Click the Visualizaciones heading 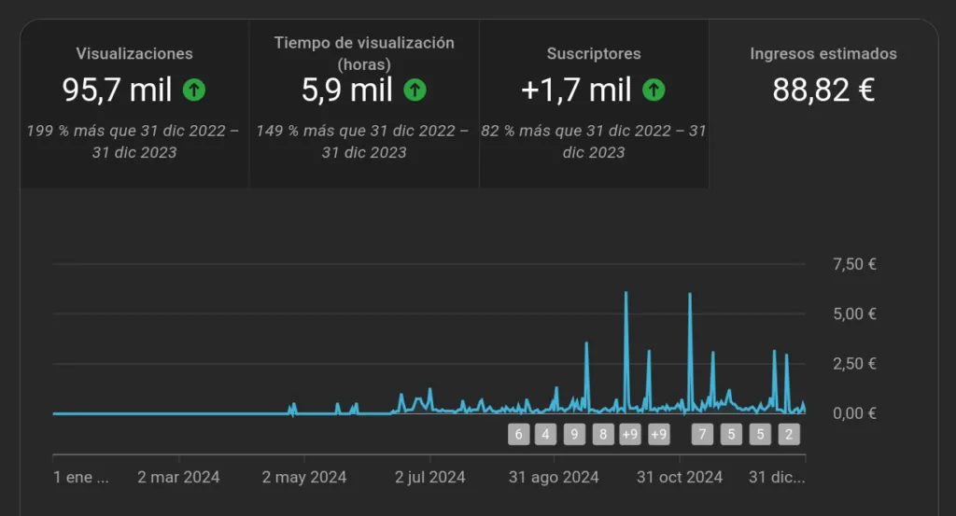(x=134, y=53)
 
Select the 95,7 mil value (x=118, y=91)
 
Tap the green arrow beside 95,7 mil (x=194, y=91)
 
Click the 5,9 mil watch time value (x=346, y=91)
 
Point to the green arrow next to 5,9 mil (x=415, y=91)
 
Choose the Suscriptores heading (x=594, y=53)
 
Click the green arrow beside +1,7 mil (x=654, y=91)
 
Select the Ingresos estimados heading (x=823, y=53)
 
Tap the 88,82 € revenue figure (x=823, y=91)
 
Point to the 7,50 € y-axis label (x=854, y=264)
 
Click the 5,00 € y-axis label (x=854, y=314)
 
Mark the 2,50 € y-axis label (x=854, y=363)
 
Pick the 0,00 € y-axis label (x=854, y=412)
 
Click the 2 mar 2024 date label (x=178, y=477)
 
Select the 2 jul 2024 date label (x=429, y=477)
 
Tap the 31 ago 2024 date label (x=554, y=477)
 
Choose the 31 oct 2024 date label (x=680, y=477)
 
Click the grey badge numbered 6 (x=519, y=434)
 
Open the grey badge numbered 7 (x=702, y=434)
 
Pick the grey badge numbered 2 (x=789, y=434)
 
